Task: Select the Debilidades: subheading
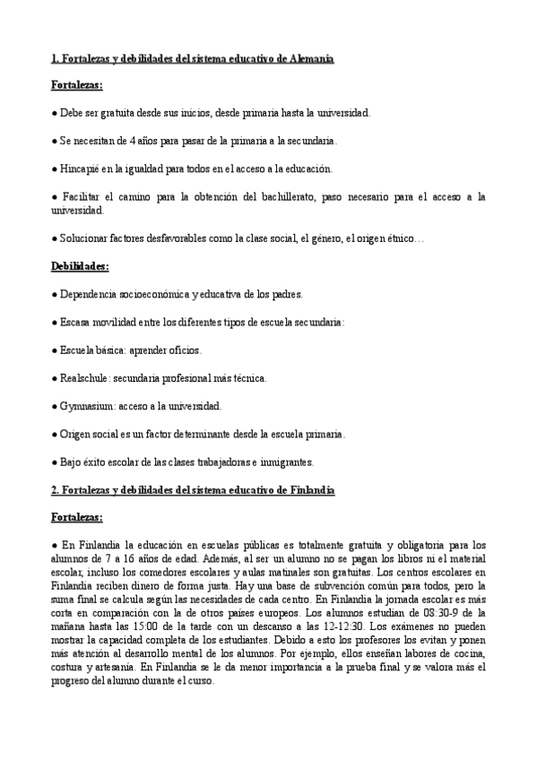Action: pyautogui.click(x=79, y=266)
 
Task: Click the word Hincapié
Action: pyautogui.click(x=81, y=169)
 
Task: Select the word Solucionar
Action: pyautogui.click(x=85, y=238)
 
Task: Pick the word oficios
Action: pyautogui.click(x=183, y=350)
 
